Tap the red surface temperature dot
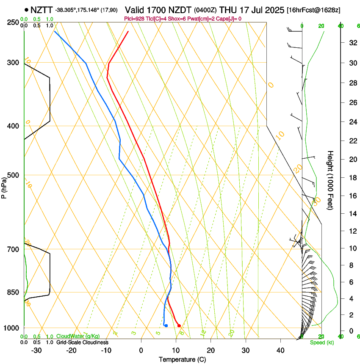(x=179, y=325)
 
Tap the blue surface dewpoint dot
(x=166, y=325)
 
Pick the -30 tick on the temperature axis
(x=36, y=350)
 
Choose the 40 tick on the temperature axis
(x=280, y=350)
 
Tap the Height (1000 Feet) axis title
(x=331, y=180)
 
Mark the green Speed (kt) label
(x=322, y=342)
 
